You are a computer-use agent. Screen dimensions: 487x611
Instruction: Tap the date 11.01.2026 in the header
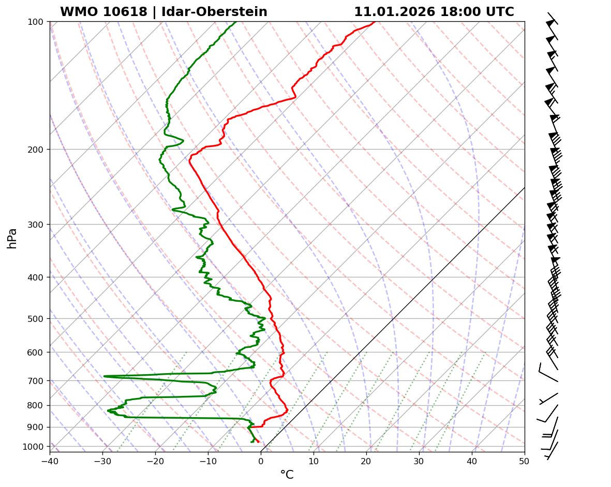(x=394, y=12)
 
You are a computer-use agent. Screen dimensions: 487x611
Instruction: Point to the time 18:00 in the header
(x=459, y=12)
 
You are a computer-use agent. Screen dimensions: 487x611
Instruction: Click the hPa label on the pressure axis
(x=12, y=238)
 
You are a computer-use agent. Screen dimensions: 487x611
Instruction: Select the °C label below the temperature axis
(x=287, y=475)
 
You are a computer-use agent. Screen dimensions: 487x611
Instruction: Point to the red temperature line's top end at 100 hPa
(x=375, y=22)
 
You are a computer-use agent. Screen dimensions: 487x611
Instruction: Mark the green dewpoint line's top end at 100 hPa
(x=236, y=22)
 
